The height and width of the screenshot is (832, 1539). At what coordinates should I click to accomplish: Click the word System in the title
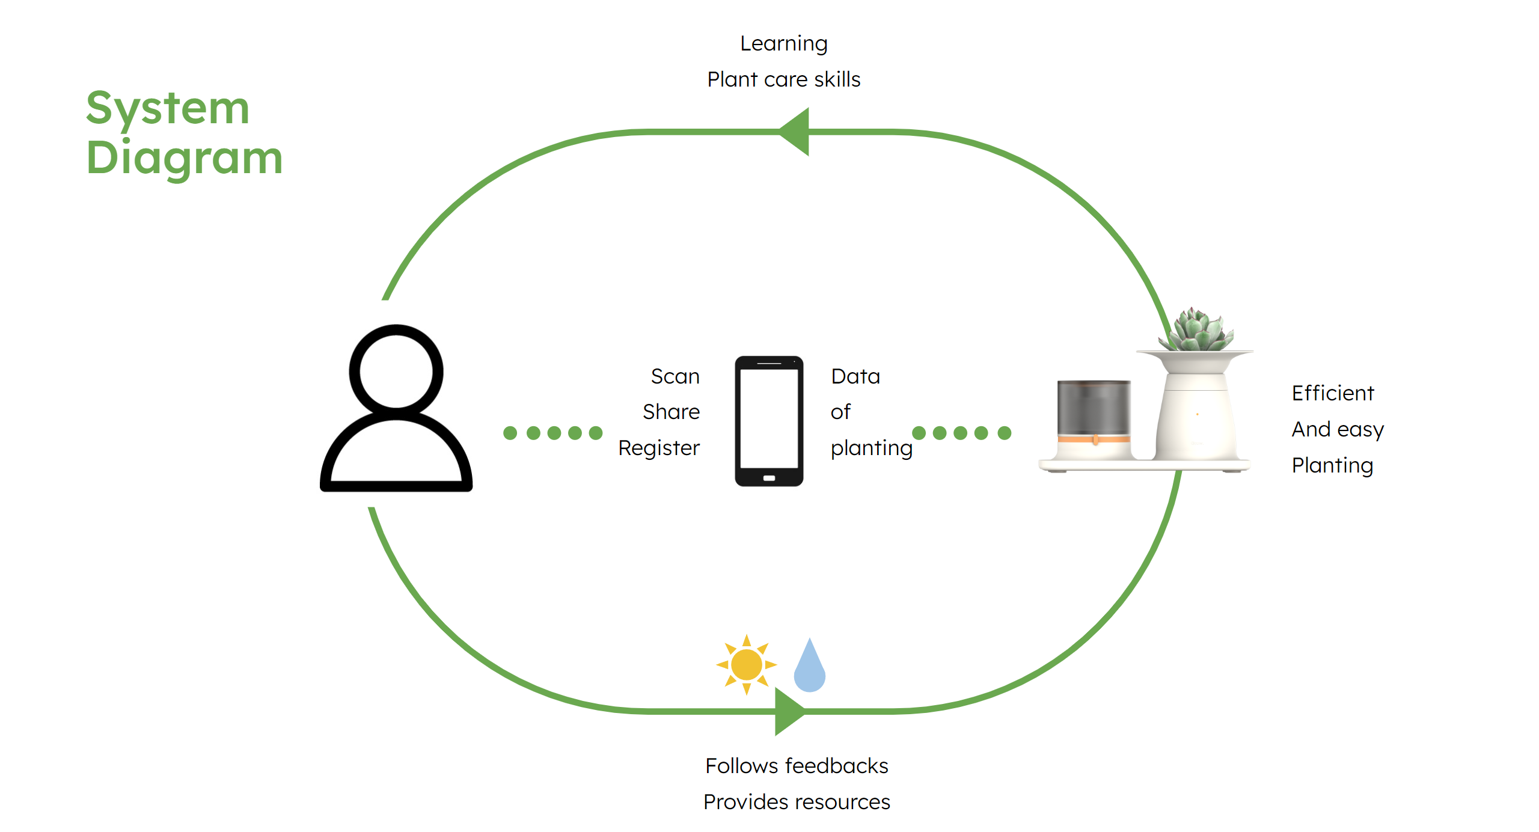[168, 109]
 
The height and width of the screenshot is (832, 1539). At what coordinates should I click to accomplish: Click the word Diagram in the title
[184, 158]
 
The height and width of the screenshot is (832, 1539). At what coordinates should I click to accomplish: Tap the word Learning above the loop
[783, 44]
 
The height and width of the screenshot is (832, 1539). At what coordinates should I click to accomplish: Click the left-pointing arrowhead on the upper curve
[796, 132]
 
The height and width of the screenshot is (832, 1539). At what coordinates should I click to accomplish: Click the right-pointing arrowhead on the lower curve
[788, 711]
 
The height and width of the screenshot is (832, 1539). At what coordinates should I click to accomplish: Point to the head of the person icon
[396, 371]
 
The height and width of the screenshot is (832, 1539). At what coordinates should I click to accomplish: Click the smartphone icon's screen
[769, 418]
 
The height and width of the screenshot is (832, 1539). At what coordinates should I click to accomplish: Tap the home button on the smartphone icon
[769, 478]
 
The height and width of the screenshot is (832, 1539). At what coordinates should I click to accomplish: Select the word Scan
[675, 376]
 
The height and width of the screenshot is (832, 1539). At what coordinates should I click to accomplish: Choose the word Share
[671, 412]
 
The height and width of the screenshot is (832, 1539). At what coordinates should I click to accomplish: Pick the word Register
[659, 448]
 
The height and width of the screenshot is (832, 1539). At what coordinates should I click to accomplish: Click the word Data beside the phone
[855, 376]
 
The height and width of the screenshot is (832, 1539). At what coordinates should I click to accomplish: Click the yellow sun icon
[746, 664]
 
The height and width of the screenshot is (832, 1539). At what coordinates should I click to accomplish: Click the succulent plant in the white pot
[1196, 331]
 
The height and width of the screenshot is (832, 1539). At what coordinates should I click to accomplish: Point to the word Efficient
[1333, 393]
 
